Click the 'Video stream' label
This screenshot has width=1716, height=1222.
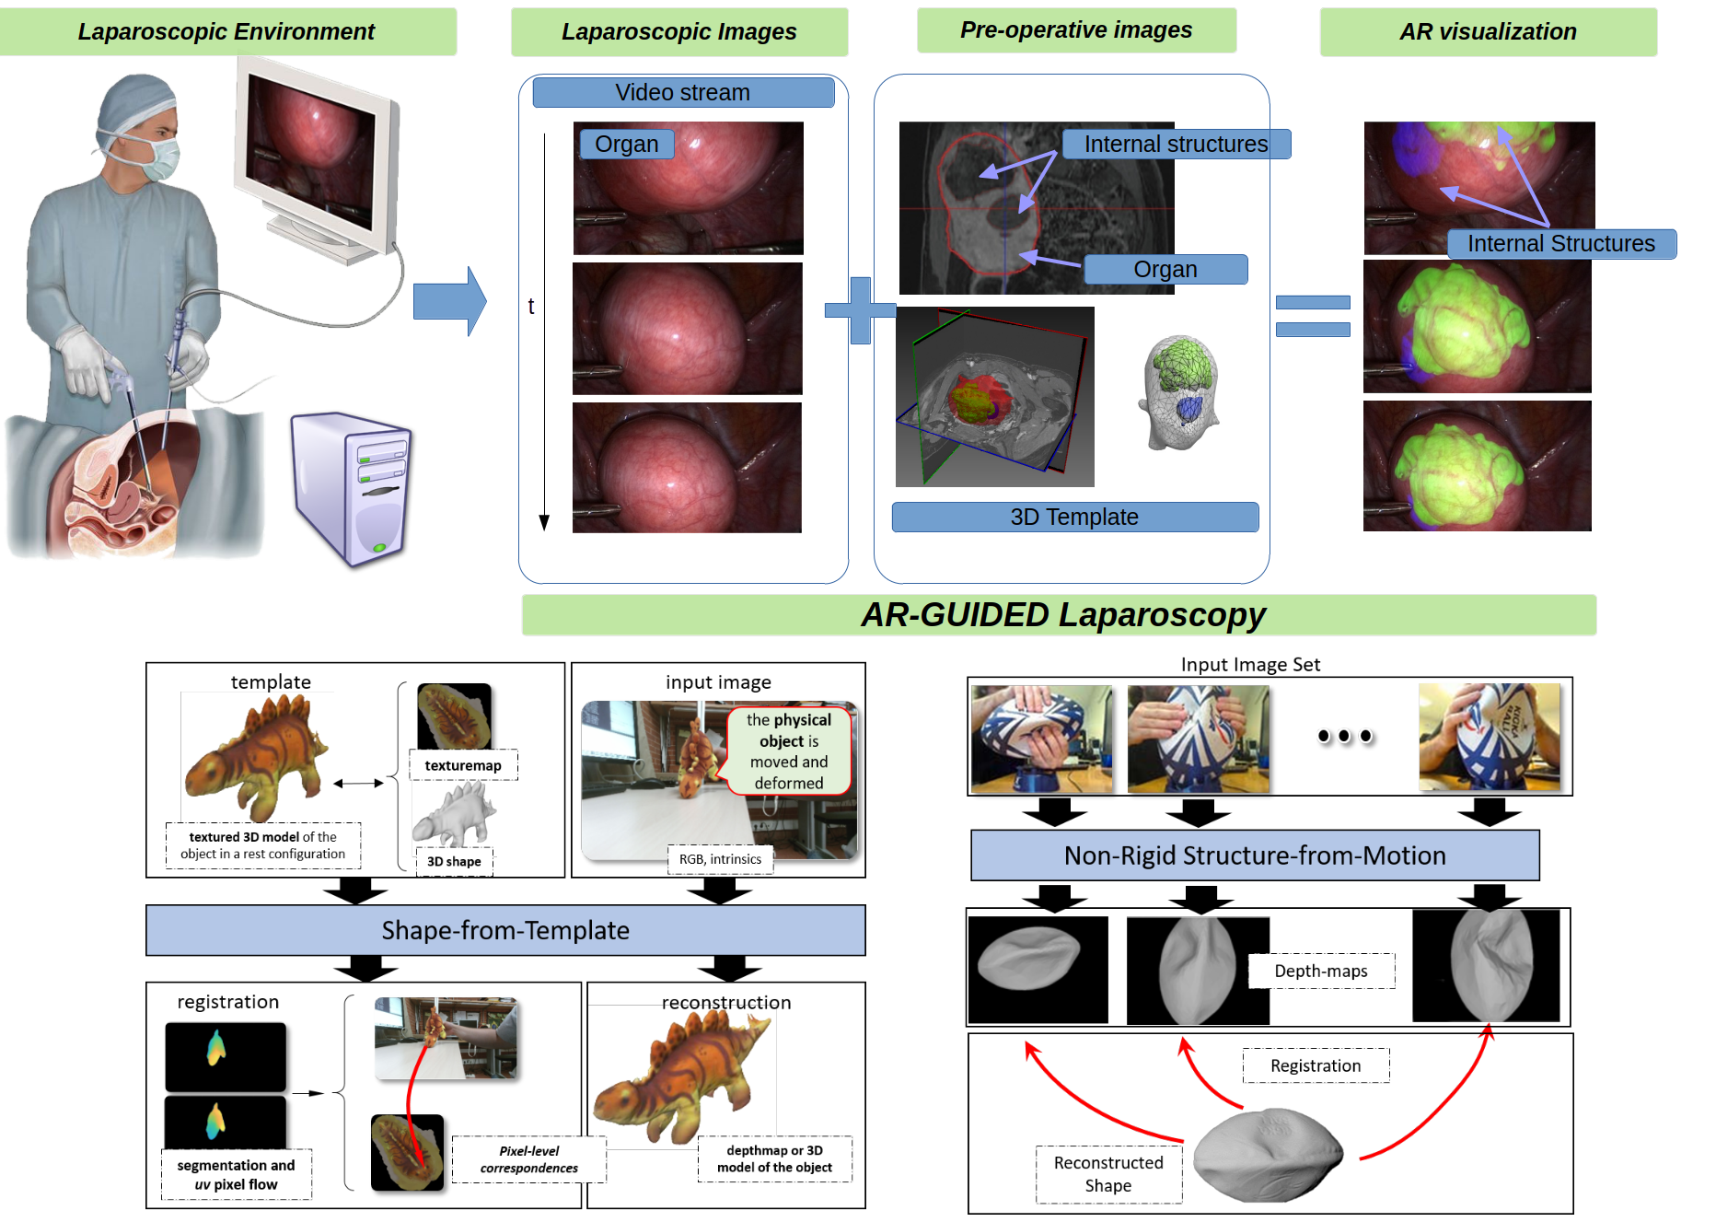[x=683, y=93]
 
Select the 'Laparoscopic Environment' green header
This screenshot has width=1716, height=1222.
[x=226, y=31]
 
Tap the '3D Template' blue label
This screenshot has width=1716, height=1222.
[x=1074, y=518]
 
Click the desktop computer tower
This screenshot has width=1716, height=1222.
[x=352, y=488]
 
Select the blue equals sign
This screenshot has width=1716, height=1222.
[x=1313, y=316]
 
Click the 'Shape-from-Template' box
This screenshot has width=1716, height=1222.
[x=505, y=930]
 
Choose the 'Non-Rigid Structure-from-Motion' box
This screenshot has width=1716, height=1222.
[x=1255, y=855]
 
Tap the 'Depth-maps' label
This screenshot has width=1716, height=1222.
[x=1321, y=971]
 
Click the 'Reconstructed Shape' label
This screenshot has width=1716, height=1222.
[x=1108, y=1174]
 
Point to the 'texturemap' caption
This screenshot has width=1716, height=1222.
[x=463, y=765]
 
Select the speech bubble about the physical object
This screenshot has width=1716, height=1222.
[x=788, y=751]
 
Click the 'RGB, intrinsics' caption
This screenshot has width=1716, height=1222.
[x=720, y=859]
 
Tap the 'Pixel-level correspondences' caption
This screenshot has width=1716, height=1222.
[x=528, y=1159]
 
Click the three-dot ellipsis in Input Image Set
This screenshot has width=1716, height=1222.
[x=1347, y=738]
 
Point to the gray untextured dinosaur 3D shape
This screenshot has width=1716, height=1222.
[x=456, y=814]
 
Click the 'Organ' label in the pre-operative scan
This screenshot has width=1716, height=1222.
[x=1165, y=270]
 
